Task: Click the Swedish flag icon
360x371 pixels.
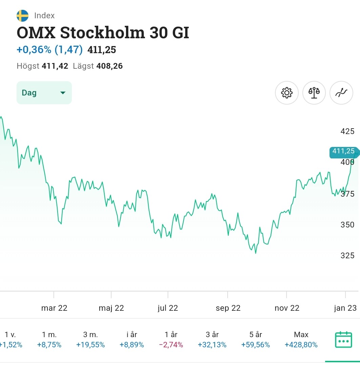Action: pyautogui.click(x=22, y=16)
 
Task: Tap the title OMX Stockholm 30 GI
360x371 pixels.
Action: pyautogui.click(x=103, y=33)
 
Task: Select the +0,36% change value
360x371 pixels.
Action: pyautogui.click(x=34, y=50)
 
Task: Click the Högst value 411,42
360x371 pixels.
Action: pyautogui.click(x=55, y=66)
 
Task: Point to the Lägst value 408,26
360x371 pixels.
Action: pyautogui.click(x=109, y=66)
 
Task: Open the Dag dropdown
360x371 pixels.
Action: pyautogui.click(x=44, y=93)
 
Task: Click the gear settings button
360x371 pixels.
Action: pyautogui.click(x=287, y=93)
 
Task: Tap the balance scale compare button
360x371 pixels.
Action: pyautogui.click(x=314, y=93)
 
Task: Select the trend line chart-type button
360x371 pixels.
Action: pyautogui.click(x=341, y=93)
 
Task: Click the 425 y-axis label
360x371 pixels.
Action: pyautogui.click(x=347, y=131)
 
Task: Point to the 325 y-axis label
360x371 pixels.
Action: pyautogui.click(x=347, y=256)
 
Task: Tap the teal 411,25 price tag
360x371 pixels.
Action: pyautogui.click(x=343, y=151)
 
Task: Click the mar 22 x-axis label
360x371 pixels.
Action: pyautogui.click(x=54, y=308)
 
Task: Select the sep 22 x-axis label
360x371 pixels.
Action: pyautogui.click(x=228, y=308)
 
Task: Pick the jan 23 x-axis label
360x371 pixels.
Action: pyautogui.click(x=345, y=308)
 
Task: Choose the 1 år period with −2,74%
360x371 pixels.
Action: pyautogui.click(x=171, y=340)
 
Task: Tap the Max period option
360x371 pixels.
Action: pyautogui.click(x=301, y=340)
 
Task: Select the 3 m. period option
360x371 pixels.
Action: pyautogui.click(x=90, y=340)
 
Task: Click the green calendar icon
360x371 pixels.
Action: pyautogui.click(x=343, y=340)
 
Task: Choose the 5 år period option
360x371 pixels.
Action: pyautogui.click(x=256, y=340)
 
